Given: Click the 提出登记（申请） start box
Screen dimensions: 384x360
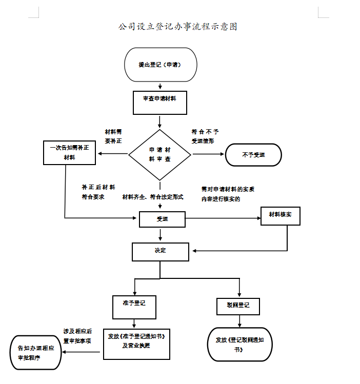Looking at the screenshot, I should (x=161, y=65).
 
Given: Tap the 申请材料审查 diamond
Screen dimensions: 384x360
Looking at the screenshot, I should (x=159, y=154).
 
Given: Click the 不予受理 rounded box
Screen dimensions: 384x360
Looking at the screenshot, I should (x=253, y=155).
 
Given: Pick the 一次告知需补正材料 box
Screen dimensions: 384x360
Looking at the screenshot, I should (x=69, y=153).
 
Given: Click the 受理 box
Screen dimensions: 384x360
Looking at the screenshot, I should (x=162, y=219).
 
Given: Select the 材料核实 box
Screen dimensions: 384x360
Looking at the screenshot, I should (x=280, y=216).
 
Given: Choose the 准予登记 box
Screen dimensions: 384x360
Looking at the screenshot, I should (x=134, y=307).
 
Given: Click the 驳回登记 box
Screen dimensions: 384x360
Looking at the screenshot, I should (x=238, y=306).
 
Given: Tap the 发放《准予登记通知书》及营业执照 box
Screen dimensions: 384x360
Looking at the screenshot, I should (x=136, y=343).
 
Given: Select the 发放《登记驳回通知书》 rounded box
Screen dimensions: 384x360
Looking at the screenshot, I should (x=239, y=344).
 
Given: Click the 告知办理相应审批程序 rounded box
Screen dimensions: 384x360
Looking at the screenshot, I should (x=36, y=352).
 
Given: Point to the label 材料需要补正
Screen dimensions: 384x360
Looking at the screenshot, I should (x=113, y=136).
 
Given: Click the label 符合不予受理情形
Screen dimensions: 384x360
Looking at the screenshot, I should (x=204, y=136).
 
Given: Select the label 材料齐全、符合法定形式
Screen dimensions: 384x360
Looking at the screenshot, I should (x=152, y=197).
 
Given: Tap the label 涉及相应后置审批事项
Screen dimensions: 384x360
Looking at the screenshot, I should (x=77, y=336).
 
